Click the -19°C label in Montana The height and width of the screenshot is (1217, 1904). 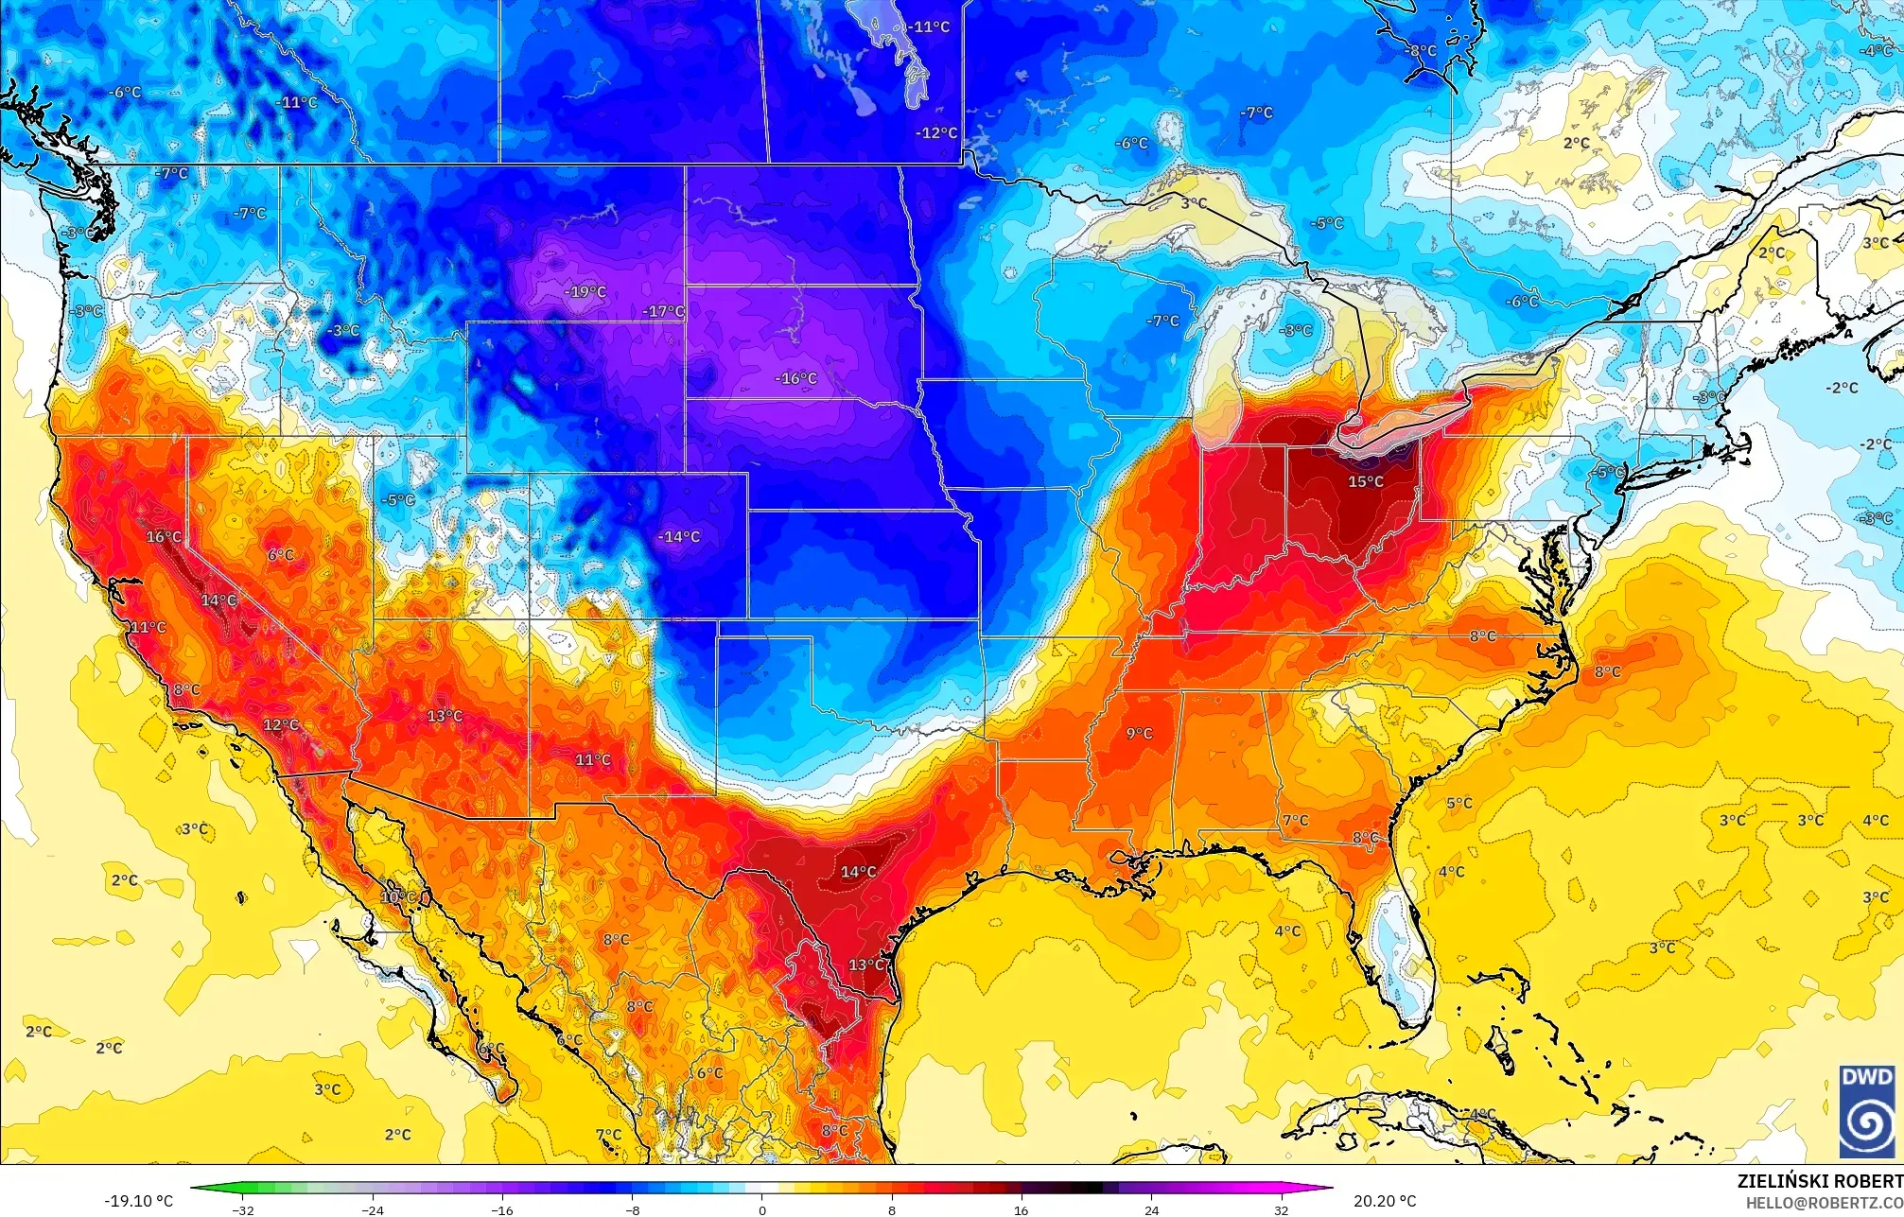click(x=585, y=292)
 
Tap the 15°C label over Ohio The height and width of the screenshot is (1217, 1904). click(x=1365, y=482)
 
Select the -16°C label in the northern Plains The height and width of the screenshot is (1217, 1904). click(x=796, y=379)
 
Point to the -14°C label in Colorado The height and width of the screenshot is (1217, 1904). click(x=679, y=537)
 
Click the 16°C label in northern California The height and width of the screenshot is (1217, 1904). click(x=163, y=537)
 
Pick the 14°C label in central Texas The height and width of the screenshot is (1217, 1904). click(x=858, y=872)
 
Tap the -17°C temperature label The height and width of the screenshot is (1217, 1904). click(x=663, y=312)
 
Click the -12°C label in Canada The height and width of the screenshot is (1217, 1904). click(x=936, y=133)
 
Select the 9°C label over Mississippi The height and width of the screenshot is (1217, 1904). click(x=1139, y=734)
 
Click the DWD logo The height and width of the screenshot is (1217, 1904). click(x=1866, y=1110)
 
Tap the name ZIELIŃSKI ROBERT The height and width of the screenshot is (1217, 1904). click(x=1819, y=1181)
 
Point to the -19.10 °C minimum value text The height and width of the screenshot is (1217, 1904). click(x=138, y=1201)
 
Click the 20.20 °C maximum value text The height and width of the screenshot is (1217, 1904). click(x=1385, y=1201)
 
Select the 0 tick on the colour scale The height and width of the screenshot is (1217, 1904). click(x=762, y=1209)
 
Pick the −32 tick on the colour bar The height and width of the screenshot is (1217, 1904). click(x=243, y=1209)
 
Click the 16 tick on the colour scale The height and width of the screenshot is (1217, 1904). click(x=1021, y=1209)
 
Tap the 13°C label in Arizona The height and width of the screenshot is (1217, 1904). click(x=445, y=717)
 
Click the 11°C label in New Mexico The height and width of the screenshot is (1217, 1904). click(x=593, y=760)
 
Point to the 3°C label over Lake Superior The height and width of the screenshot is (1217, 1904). click(x=1194, y=203)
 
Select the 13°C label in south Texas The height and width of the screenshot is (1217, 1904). click(x=865, y=965)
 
